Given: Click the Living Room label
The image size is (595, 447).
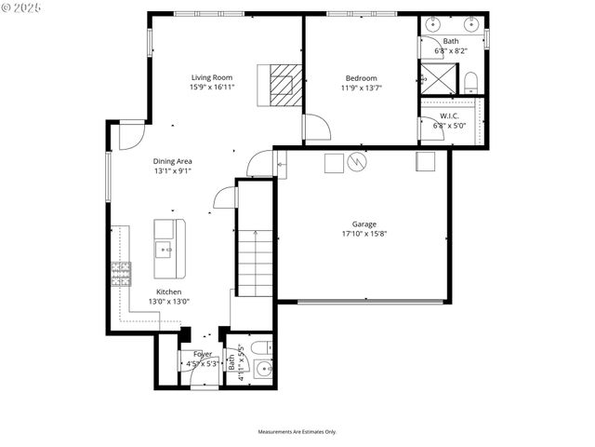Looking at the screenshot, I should [x=212, y=77].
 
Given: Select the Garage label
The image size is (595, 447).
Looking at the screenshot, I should [x=364, y=223].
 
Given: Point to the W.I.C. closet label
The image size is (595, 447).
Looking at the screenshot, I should [x=451, y=117].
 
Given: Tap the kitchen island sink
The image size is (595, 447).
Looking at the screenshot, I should [x=165, y=249].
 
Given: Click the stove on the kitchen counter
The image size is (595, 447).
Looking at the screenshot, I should [x=121, y=273].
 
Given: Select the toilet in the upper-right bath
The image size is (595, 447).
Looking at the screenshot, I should [x=469, y=82].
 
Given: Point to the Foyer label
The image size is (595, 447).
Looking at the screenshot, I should [x=203, y=354].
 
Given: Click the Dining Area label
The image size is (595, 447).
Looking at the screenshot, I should [x=173, y=161].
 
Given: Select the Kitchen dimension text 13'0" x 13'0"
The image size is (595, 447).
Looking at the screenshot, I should [x=169, y=301].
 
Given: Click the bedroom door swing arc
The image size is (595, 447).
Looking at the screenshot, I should [x=317, y=127].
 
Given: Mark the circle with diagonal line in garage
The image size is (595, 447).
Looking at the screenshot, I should [x=357, y=163].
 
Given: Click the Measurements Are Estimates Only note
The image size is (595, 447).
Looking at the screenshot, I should [x=297, y=431].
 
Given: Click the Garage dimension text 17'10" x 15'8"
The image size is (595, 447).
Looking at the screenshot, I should [x=364, y=234].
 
